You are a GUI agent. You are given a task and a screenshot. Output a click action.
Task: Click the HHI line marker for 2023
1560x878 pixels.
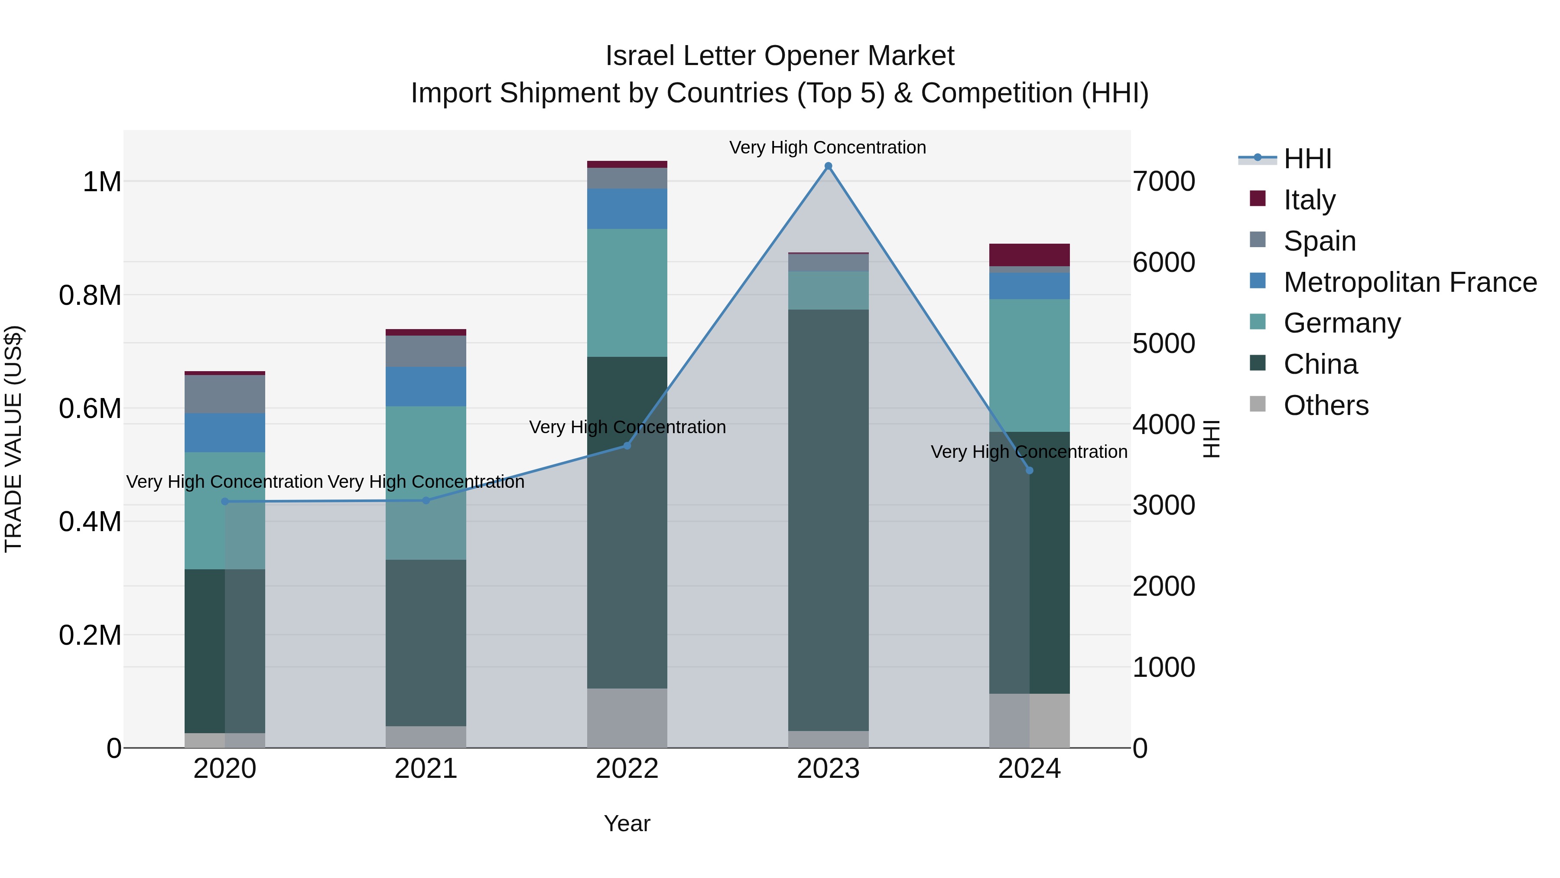[828, 166]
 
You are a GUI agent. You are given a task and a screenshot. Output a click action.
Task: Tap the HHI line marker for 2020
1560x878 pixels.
[224, 502]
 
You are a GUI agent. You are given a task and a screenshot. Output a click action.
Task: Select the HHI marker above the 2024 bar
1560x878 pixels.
[1029, 470]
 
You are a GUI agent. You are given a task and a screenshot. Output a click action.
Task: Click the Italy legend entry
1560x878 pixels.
[1309, 200]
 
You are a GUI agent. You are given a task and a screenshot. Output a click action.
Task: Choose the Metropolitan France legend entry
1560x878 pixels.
[1409, 282]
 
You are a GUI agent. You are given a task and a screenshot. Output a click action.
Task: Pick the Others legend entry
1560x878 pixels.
[1325, 405]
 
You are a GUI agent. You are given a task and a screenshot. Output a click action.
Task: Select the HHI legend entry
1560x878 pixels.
[1307, 159]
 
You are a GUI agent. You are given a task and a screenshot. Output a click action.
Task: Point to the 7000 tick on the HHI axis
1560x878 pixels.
[1163, 181]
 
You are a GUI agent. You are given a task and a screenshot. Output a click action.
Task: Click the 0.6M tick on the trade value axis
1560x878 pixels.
[90, 408]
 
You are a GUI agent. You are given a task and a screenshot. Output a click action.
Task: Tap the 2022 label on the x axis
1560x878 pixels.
[627, 769]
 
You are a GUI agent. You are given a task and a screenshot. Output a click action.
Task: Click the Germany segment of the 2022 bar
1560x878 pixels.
[627, 293]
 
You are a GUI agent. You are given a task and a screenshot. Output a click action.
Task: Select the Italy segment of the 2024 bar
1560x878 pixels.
[1029, 255]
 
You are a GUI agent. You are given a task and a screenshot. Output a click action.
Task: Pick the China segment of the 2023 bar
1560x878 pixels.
[828, 520]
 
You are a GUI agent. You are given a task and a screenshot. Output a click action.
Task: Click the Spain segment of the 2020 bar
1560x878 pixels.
[224, 394]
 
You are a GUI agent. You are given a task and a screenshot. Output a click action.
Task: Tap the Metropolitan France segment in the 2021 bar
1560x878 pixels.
[426, 386]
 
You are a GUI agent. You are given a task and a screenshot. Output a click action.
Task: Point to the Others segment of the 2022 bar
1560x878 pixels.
[627, 718]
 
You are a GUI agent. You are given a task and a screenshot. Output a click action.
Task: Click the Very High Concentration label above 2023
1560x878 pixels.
[827, 147]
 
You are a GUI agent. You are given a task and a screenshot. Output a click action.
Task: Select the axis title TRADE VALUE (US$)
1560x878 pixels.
[13, 439]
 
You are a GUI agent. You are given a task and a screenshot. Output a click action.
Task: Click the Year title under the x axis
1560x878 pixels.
[627, 823]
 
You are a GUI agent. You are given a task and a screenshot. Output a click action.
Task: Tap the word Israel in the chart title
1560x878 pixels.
[640, 56]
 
